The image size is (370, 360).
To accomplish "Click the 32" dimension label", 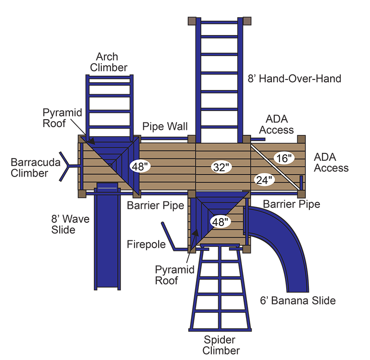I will click(222, 167).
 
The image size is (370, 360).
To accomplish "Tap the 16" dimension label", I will click(284, 159).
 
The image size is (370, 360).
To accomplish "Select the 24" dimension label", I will click(264, 180).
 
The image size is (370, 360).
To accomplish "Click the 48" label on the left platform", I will click(139, 166).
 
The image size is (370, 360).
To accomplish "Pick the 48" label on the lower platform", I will click(221, 222).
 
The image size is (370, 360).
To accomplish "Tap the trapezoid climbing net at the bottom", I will click(220, 291).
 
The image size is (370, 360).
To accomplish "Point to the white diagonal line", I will click(275, 166).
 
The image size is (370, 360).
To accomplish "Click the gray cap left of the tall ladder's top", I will click(192, 21).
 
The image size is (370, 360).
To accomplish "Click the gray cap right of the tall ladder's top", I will click(247, 21).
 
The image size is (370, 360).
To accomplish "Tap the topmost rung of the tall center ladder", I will click(220, 37).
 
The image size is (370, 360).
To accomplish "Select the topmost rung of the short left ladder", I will click(109, 84).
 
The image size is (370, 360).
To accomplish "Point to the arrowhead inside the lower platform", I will click(196, 233).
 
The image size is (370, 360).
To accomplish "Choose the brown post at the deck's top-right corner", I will click(302, 139).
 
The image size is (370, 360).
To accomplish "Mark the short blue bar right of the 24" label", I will click(301, 182).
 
